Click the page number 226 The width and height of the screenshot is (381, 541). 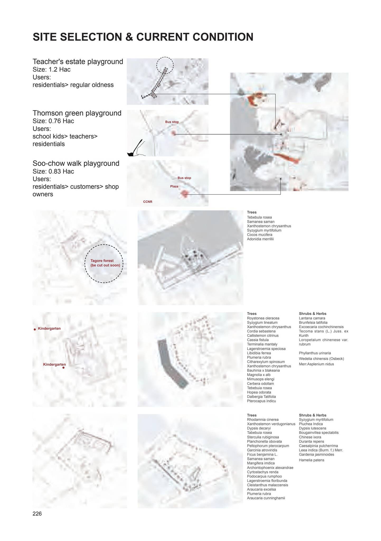(x=37, y=514)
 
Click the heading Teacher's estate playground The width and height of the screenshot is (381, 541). (x=78, y=62)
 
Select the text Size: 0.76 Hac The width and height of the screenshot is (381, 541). (x=53, y=121)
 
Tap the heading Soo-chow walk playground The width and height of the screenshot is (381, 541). (x=76, y=163)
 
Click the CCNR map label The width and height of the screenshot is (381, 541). (x=148, y=202)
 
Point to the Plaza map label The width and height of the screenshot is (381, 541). (x=174, y=186)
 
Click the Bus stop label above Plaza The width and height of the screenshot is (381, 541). (x=184, y=178)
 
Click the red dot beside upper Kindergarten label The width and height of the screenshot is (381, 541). (x=35, y=329)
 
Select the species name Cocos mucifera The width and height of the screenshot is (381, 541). (x=259, y=235)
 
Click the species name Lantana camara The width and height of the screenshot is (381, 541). (x=312, y=318)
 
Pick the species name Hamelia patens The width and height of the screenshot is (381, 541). (x=311, y=460)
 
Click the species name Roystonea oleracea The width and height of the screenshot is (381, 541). (x=263, y=318)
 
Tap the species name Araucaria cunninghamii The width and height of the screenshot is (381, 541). (x=266, y=498)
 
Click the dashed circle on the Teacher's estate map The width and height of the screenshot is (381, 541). (x=165, y=65)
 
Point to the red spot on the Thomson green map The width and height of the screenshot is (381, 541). (x=173, y=133)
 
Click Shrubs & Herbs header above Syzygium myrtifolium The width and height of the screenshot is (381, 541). (x=312, y=415)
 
